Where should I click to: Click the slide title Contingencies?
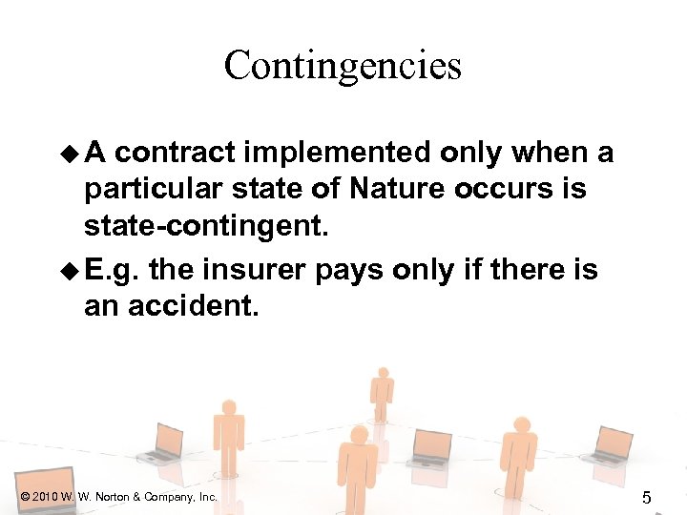coord(343,66)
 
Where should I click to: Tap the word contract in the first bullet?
coord(181,153)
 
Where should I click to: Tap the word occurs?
coord(499,189)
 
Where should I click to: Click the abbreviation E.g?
coord(111,270)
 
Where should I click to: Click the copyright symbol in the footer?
coord(24,497)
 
